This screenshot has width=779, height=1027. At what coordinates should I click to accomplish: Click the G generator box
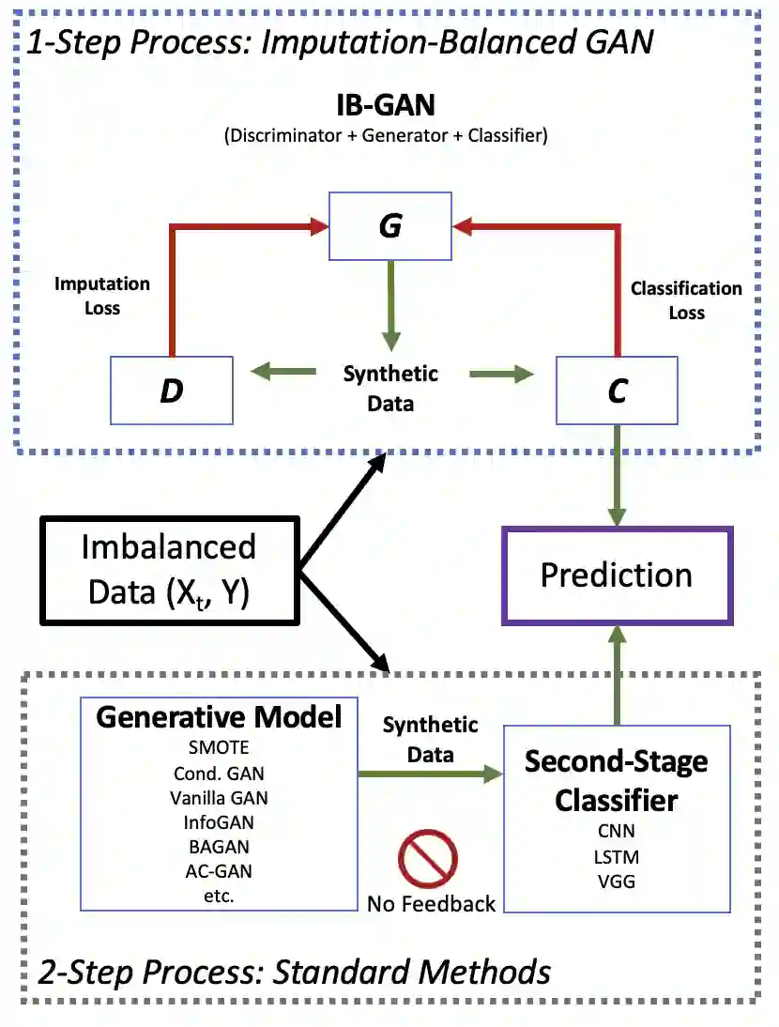pos(390,226)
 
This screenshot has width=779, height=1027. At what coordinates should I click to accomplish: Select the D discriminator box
pos(172,391)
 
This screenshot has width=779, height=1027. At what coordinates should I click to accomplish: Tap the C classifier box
pos(617,391)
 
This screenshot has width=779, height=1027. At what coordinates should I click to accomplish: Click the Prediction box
pos(617,575)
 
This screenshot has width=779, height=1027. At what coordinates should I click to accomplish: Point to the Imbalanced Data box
pos(170,571)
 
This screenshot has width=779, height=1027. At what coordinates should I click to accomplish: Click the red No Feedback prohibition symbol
pos(427,859)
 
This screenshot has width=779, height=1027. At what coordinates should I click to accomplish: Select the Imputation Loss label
pos(102,296)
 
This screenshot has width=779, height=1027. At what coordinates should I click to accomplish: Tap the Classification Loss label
pos(686,300)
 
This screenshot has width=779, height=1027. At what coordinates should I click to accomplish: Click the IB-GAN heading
pos(386,105)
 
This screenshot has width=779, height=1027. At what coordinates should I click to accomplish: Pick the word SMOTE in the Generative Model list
pos(219,747)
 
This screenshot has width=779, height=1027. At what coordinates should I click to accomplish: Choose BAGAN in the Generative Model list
pos(219,847)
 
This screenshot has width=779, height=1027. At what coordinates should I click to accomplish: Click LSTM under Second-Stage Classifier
pos(616,857)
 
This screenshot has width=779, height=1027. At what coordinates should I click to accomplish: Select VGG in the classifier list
pos(616,881)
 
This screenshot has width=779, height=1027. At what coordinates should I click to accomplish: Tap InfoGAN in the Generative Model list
pos(219,822)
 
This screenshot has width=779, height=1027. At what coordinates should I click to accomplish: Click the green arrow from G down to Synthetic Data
pos(390,306)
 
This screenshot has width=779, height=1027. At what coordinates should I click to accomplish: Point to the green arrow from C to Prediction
pos(617,476)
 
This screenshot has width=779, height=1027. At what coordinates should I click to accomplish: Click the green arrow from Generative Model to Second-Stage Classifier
pos(430,774)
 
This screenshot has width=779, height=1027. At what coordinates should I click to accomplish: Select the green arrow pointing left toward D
pos(283,372)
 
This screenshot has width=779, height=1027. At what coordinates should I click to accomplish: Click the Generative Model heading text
pos(219,717)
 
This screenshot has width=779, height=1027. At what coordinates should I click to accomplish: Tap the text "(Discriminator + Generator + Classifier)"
pos(386,135)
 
